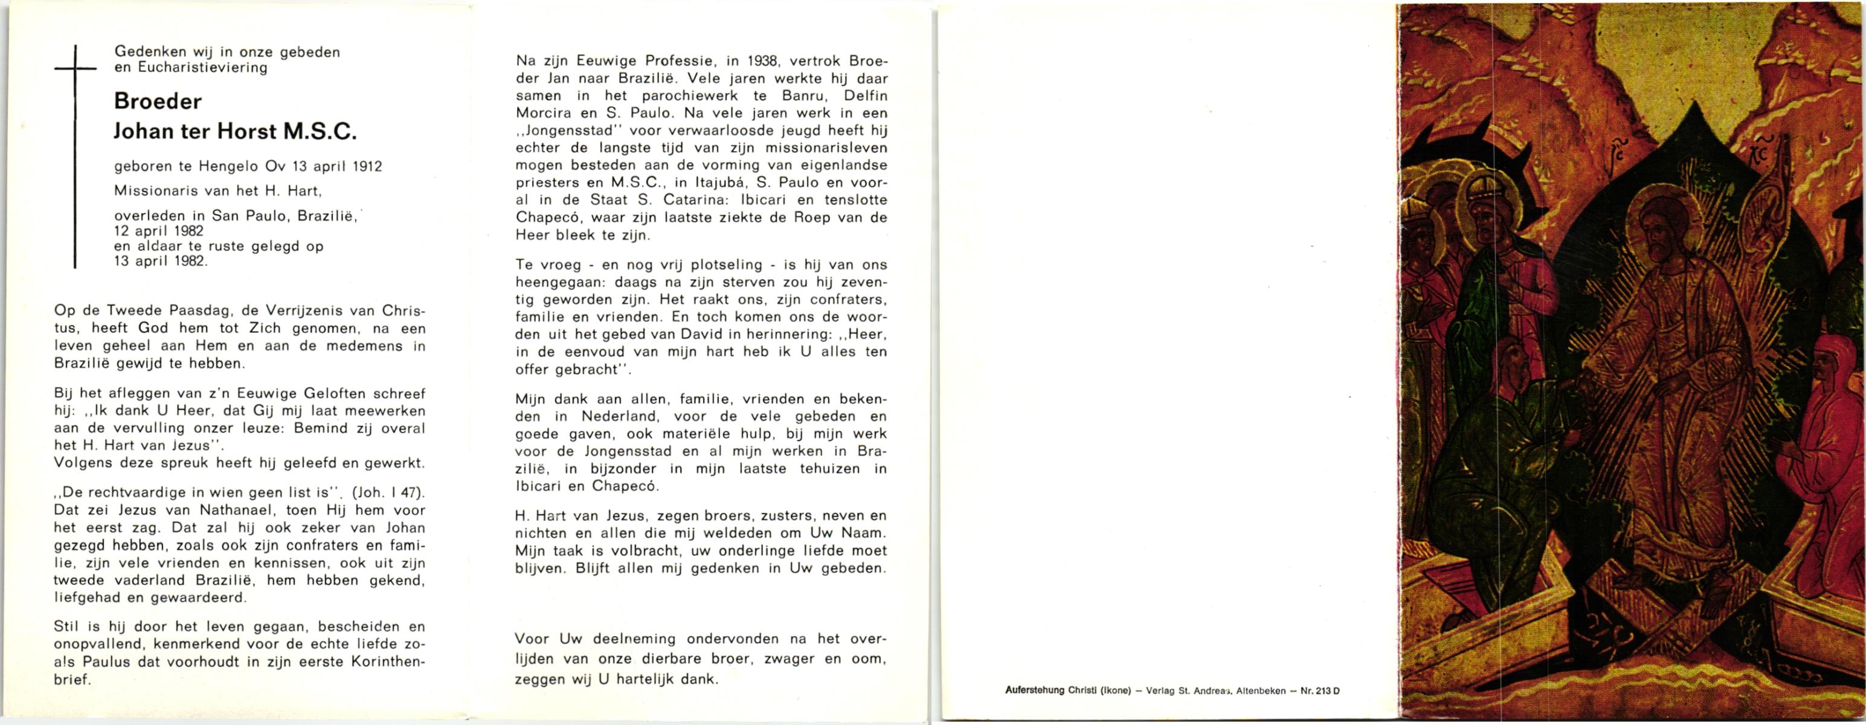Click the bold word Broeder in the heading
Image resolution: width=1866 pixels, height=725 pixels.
point(158,101)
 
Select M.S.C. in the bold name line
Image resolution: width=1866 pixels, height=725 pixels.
point(320,131)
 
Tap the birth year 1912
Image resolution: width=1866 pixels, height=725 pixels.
point(367,166)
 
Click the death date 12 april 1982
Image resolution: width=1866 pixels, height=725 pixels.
point(159,231)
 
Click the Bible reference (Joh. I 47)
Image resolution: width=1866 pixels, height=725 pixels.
point(388,492)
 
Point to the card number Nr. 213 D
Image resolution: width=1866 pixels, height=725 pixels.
point(1319,691)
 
